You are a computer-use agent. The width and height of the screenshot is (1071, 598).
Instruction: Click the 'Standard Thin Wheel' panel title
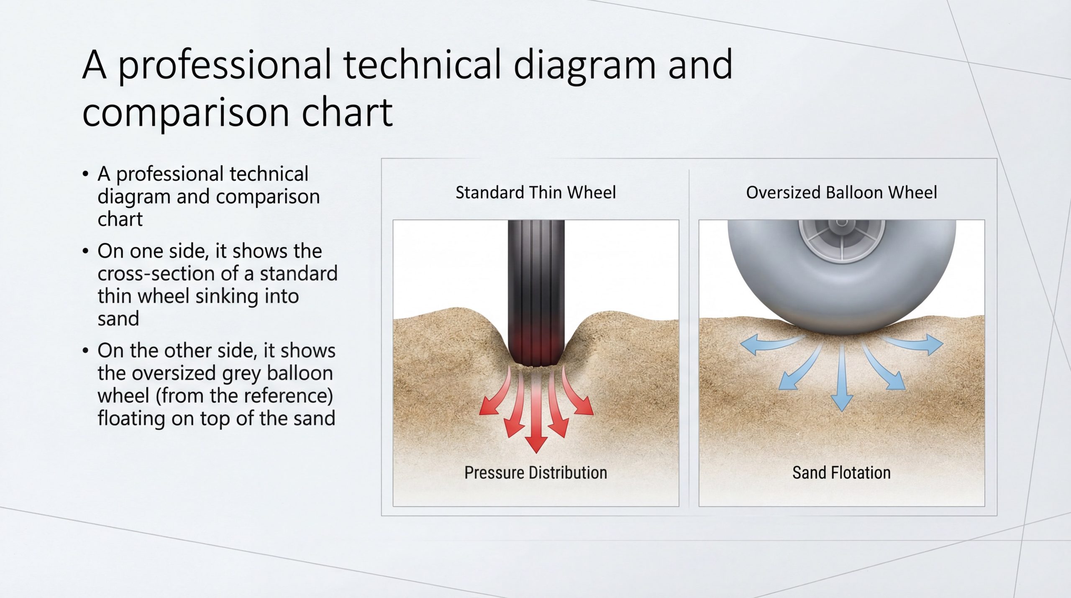point(535,192)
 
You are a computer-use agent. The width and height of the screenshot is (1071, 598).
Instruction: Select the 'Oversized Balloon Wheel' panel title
point(841,192)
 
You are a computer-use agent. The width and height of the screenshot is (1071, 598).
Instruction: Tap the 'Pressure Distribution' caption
point(535,472)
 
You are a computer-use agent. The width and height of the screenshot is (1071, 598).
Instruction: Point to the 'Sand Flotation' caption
point(841,472)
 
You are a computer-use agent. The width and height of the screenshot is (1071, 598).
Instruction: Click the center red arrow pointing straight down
point(536,412)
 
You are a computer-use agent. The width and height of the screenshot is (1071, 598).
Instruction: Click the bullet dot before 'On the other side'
point(85,351)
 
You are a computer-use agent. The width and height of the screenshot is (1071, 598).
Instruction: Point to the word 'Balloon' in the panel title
point(853,192)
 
